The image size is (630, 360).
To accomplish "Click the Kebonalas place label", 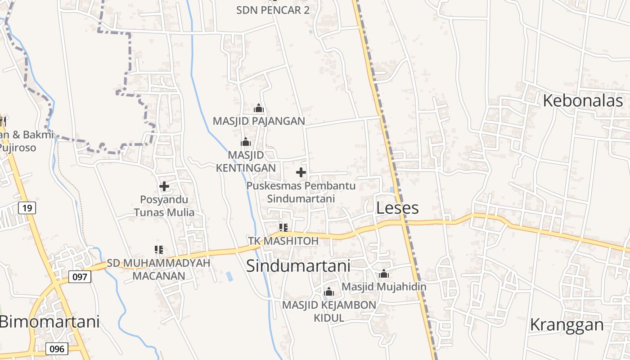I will [x=583, y=101].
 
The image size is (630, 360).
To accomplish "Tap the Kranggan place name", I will [x=567, y=324].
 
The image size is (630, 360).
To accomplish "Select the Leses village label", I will [x=397, y=208].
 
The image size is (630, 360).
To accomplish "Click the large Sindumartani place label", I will [x=298, y=266].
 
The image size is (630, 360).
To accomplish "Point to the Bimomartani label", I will [x=49, y=322].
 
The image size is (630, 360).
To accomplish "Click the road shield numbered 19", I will [x=27, y=208].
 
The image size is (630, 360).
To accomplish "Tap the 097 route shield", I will [x=80, y=277].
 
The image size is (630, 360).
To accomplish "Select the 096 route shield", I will [x=57, y=349].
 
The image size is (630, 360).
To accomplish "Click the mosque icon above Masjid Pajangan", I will [x=259, y=108].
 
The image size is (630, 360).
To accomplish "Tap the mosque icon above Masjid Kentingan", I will [x=246, y=142].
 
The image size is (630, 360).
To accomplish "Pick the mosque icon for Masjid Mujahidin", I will [x=383, y=274].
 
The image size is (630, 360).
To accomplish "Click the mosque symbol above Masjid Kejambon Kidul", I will [x=329, y=292].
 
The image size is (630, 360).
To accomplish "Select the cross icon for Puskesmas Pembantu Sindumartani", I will [x=301, y=172].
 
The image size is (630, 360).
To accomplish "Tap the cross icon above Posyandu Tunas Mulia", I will [x=164, y=186].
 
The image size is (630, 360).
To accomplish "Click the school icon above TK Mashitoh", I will [x=283, y=227].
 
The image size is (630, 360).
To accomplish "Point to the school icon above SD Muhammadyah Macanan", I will [x=158, y=249].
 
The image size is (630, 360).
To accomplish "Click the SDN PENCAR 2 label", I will [x=273, y=10].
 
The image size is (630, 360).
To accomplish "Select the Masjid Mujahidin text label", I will [x=384, y=286].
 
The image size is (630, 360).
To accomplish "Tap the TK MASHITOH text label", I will [x=283, y=241].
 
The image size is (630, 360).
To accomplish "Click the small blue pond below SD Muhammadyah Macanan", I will [x=230, y=276].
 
